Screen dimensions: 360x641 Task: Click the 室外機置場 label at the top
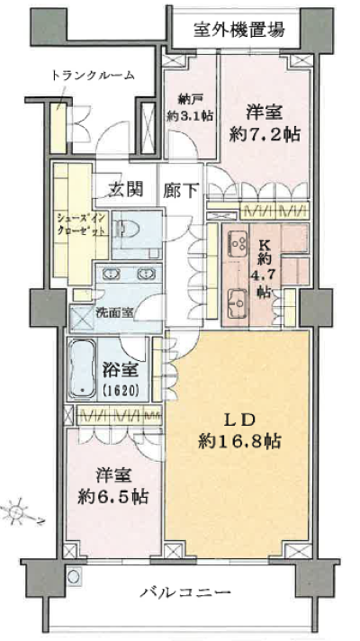coord(239,30)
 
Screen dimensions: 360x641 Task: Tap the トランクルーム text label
coord(93,75)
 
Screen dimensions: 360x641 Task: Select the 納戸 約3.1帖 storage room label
coord(191,108)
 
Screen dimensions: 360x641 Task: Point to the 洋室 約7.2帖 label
coord(265,122)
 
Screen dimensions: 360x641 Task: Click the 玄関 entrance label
coord(126,189)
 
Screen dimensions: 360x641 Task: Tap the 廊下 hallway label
coord(181,191)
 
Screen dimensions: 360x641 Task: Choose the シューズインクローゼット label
coord(81,223)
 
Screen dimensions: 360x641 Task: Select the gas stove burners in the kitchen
coord(236,241)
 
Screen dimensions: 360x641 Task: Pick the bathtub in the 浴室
coord(83,369)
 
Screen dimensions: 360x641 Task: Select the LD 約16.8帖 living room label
coord(239,430)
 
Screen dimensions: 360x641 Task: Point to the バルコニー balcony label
coord(185,592)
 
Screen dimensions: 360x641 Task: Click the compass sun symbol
coord(16,512)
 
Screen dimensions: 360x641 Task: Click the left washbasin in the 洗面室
coord(111,274)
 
